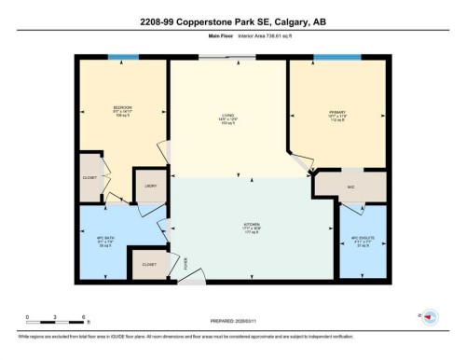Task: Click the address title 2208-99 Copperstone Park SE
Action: (232, 21)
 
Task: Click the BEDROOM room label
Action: (122, 109)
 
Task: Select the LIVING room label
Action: (228, 115)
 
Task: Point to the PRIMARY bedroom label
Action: (336, 115)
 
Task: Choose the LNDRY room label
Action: (149, 187)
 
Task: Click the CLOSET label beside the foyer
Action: (148, 264)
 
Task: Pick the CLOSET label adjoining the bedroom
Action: (90, 176)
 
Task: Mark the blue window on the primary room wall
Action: (336, 58)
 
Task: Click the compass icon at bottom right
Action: (431, 317)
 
